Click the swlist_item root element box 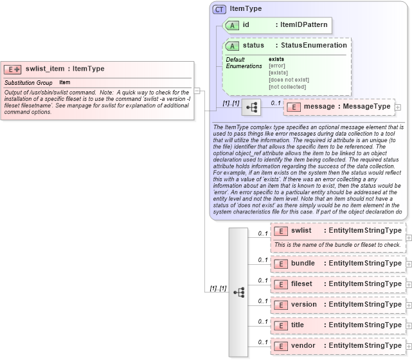coord(96,69)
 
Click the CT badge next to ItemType coord(219,9)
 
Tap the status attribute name coord(253,46)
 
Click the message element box coord(338,106)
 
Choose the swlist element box coord(337,230)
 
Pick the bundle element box coord(337,263)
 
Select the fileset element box coord(337,283)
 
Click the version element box coord(337,304)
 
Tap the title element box coord(337,325)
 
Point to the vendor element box coord(337,345)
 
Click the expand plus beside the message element coord(398,107)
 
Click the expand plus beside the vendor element coord(409,346)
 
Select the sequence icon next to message coord(251,107)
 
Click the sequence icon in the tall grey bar coord(239,292)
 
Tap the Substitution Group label coord(28,83)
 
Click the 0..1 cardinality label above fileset coord(262,280)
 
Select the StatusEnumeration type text coord(310,46)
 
